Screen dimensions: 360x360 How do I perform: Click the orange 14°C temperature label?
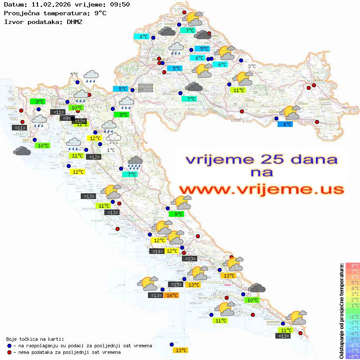[172, 295]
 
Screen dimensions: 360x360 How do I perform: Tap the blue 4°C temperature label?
[285, 124]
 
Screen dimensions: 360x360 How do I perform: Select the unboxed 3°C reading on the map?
[252, 66]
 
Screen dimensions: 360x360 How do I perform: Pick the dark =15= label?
[176, 285]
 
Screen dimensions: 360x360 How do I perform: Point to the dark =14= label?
[157, 251]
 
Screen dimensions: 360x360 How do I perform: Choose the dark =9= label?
[66, 118]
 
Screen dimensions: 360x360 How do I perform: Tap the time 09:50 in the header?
[120, 4]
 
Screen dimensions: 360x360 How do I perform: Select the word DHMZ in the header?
[74, 21]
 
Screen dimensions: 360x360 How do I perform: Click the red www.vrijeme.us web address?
[261, 189]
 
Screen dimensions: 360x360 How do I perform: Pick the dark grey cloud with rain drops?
[135, 163]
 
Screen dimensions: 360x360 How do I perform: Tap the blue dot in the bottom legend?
[9, 346]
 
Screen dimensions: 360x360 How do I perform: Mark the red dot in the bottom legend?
[9, 352]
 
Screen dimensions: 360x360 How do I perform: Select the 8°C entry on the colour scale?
[353, 265]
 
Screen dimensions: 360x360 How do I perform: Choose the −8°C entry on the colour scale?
[353, 356]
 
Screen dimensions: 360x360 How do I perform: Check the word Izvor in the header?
[12, 21]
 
